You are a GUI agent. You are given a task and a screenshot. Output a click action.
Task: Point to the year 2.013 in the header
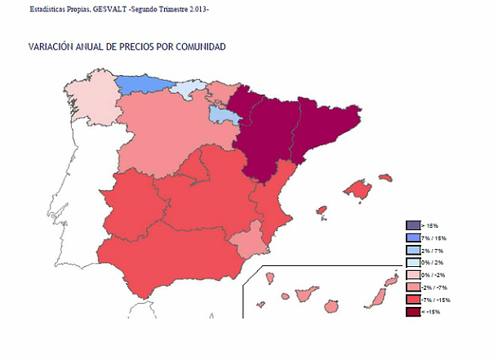196,8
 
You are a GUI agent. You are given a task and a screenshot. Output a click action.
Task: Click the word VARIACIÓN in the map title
51,47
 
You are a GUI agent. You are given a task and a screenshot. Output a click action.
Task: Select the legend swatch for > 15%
412,225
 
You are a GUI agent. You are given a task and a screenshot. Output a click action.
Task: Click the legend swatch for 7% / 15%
412,238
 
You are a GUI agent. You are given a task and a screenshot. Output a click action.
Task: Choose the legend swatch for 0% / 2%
412,263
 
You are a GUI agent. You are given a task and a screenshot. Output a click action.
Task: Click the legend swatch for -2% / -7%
412,287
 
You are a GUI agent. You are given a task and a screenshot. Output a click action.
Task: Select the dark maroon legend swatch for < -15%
412,313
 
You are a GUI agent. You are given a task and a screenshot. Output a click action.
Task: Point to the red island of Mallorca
358,189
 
